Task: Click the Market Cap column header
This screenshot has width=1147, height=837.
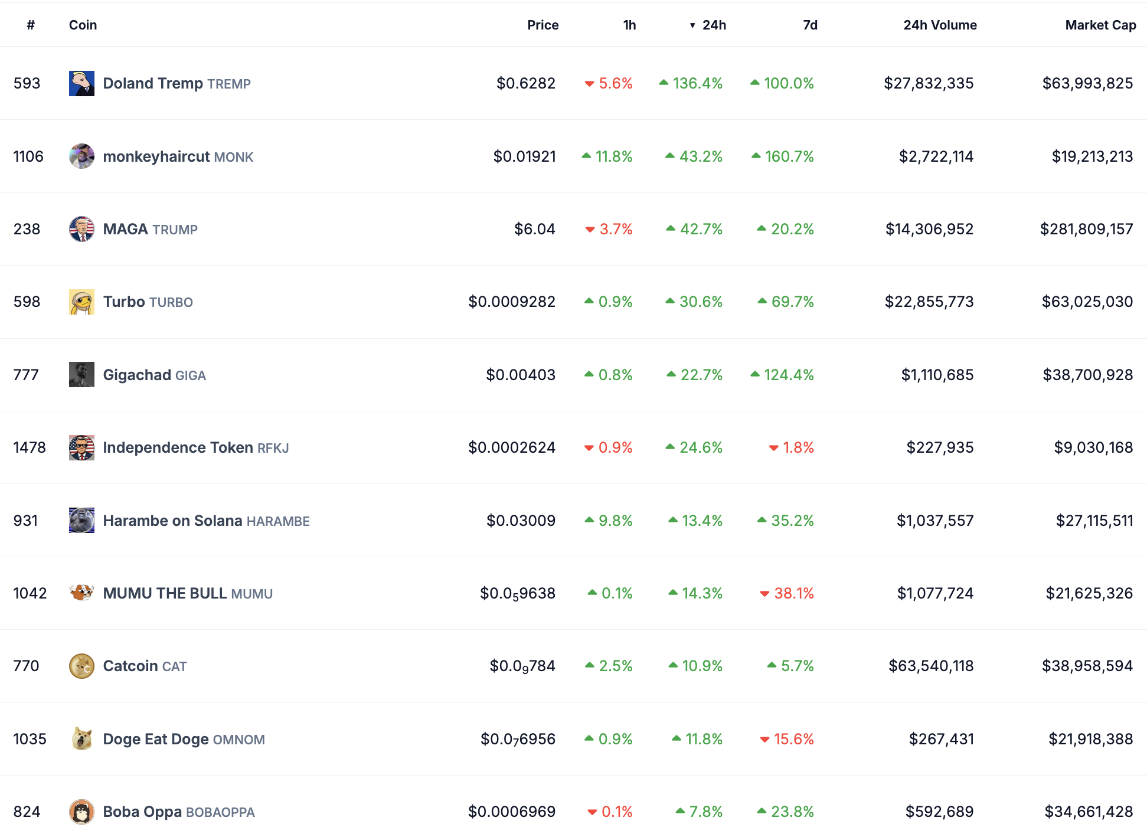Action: pyautogui.click(x=1100, y=25)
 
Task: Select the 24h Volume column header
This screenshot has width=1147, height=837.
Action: pyautogui.click(x=940, y=25)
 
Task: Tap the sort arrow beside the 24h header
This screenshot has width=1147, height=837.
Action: pyautogui.click(x=692, y=25)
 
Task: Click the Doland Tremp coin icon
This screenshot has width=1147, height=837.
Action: pyautogui.click(x=81, y=83)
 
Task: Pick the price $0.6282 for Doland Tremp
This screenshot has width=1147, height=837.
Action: pyautogui.click(x=526, y=83)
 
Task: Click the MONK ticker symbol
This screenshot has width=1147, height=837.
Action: pyautogui.click(x=233, y=157)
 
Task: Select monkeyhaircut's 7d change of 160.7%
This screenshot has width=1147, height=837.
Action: pyautogui.click(x=783, y=156)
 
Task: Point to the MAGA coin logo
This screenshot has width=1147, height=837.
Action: pyautogui.click(x=81, y=229)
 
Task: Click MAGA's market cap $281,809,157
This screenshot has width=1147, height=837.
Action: pyautogui.click(x=1086, y=229)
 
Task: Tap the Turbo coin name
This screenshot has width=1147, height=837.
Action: pyautogui.click(x=124, y=302)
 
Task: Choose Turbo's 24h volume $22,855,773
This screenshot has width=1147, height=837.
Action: pyautogui.click(x=929, y=302)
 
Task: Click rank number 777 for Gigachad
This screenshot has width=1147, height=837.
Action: pyautogui.click(x=26, y=375)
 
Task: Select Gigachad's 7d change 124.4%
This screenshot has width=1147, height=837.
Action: pyautogui.click(x=782, y=375)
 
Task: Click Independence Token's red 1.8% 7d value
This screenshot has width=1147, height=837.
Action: pyautogui.click(x=791, y=447)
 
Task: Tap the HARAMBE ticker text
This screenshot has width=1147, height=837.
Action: pyautogui.click(x=278, y=521)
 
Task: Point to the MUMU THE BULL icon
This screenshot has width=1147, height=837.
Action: pyautogui.click(x=81, y=593)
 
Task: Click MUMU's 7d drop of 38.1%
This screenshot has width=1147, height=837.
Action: pyautogui.click(x=787, y=593)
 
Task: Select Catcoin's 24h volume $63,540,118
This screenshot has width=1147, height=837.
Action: pyautogui.click(x=931, y=666)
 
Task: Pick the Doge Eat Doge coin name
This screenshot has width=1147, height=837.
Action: pyautogui.click(x=156, y=739)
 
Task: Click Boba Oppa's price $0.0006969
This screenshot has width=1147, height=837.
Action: pyautogui.click(x=512, y=812)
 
